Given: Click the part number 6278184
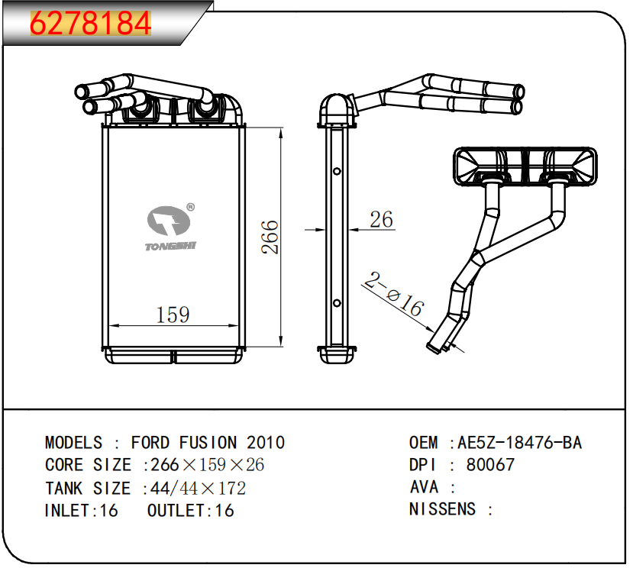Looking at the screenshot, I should coord(90,24).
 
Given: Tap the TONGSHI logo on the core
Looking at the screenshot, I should coord(169,226).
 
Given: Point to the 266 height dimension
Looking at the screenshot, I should coord(270,237).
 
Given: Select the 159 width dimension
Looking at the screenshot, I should coord(173,314).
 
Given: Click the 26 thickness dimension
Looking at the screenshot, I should coord(381,220).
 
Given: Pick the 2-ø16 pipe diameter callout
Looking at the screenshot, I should coord(393,295).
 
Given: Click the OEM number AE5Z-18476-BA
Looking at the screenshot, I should coord(519,443).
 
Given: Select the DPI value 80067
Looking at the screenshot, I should coord(490,465).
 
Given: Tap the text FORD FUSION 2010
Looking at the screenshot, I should coord(208,443).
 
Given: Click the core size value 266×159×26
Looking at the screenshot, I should coord(207,465).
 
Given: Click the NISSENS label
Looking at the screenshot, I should coord(442,509).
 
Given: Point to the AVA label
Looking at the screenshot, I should coord(424,487).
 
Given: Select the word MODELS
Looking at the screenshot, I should coord(73,443).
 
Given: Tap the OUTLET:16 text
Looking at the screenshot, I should coord(190,511).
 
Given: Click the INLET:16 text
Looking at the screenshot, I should coord(82,511).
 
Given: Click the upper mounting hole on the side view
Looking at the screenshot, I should coord(337,172).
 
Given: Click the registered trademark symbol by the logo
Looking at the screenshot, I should coord(191,206).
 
